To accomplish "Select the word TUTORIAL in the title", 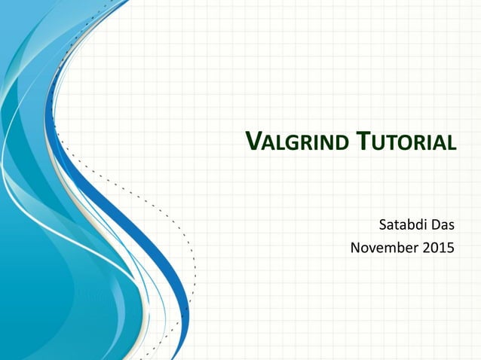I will (x=407, y=142).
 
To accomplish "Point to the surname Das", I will (x=444, y=224).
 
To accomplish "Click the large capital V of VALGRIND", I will (x=255, y=141).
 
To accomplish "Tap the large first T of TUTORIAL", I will (x=363, y=141).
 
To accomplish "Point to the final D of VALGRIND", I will (x=344, y=142).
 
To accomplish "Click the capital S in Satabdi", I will (x=381, y=224).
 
